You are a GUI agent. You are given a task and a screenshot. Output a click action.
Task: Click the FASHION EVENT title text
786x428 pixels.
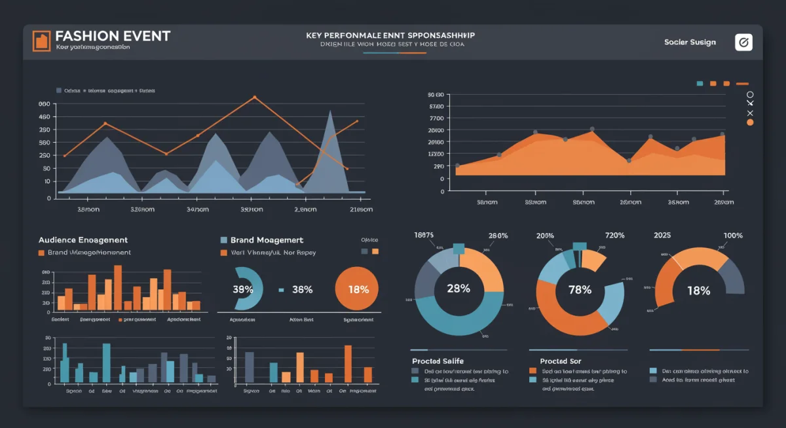(113, 36)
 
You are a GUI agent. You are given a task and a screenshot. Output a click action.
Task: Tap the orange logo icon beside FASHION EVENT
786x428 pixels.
(41, 41)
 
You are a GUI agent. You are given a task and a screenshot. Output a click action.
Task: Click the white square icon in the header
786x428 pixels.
(743, 43)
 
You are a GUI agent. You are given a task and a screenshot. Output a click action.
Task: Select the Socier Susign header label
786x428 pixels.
(690, 43)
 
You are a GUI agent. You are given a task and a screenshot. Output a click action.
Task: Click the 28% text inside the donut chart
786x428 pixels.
(458, 289)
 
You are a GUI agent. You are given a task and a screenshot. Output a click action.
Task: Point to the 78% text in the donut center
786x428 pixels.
(580, 290)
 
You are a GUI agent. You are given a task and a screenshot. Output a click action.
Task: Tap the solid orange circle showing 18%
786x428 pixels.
(358, 289)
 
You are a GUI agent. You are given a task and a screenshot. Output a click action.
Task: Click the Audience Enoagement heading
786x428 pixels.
(83, 240)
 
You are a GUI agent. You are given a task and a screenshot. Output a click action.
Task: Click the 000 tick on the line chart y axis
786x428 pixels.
(45, 104)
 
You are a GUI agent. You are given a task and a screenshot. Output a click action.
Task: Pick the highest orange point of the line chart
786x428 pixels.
(254, 97)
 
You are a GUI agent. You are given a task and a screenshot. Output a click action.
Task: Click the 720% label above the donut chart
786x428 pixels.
(614, 236)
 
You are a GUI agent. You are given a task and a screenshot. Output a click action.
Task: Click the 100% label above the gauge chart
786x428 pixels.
(733, 236)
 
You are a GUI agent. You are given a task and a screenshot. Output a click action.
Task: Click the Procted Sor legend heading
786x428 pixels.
(560, 361)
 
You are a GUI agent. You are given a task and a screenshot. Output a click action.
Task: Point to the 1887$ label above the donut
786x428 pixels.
(424, 235)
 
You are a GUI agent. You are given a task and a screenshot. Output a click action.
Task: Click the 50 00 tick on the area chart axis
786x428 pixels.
(436, 95)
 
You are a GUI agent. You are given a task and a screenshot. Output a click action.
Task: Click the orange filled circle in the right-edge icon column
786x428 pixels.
(750, 122)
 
